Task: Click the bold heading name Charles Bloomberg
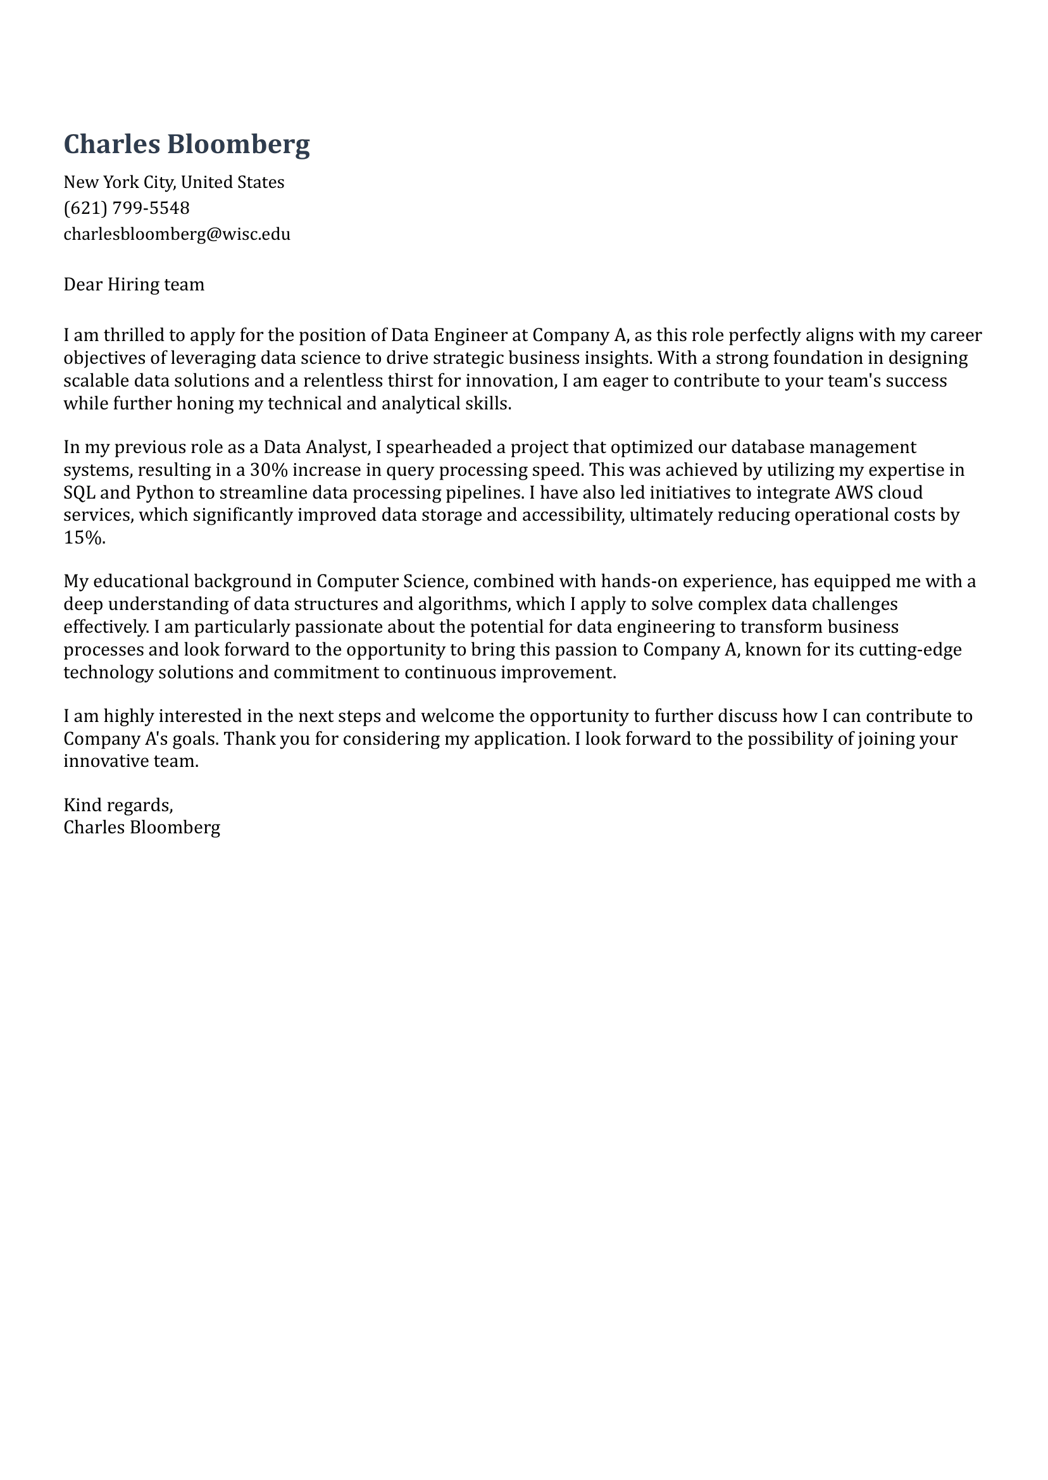tap(187, 144)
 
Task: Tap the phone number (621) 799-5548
tap(127, 208)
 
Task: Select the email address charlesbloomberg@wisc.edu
tap(177, 233)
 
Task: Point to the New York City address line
tap(173, 182)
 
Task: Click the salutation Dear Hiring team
tap(134, 285)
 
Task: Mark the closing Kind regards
tap(118, 804)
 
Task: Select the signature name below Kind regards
tap(142, 827)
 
